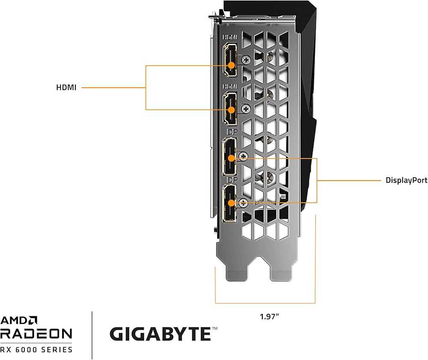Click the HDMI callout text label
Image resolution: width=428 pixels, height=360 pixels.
pyautogui.click(x=66, y=88)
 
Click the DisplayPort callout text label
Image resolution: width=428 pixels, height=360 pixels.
pyautogui.click(x=407, y=180)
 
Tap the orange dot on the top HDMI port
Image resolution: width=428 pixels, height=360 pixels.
pyautogui.click(x=231, y=65)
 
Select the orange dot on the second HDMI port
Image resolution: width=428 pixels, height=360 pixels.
pyautogui.click(x=231, y=110)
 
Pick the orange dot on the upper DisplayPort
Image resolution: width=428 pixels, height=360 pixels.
pyautogui.click(x=231, y=158)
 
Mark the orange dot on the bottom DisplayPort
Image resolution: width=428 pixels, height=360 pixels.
pyautogui.click(x=231, y=203)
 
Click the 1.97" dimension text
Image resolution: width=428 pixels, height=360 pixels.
pyautogui.click(x=269, y=317)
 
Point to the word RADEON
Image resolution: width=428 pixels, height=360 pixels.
pyautogui.click(x=36, y=333)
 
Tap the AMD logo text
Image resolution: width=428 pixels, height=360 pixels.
pyautogui.click(x=18, y=320)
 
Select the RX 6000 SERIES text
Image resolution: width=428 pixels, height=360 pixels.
pyautogui.click(x=36, y=350)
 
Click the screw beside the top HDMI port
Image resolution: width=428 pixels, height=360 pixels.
pyautogui.click(x=246, y=59)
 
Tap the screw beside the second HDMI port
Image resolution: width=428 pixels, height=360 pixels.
pyautogui.click(x=246, y=109)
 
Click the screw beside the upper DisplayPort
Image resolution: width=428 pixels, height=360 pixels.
pyautogui.click(x=243, y=156)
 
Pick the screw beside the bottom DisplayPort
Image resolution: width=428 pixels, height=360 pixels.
pyautogui.click(x=243, y=203)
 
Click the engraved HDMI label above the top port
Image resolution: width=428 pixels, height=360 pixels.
pyautogui.click(x=230, y=37)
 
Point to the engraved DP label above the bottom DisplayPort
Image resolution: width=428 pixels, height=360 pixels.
pyautogui.click(x=232, y=180)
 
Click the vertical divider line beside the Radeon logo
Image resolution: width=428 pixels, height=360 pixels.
pyautogui.click(x=92, y=335)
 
